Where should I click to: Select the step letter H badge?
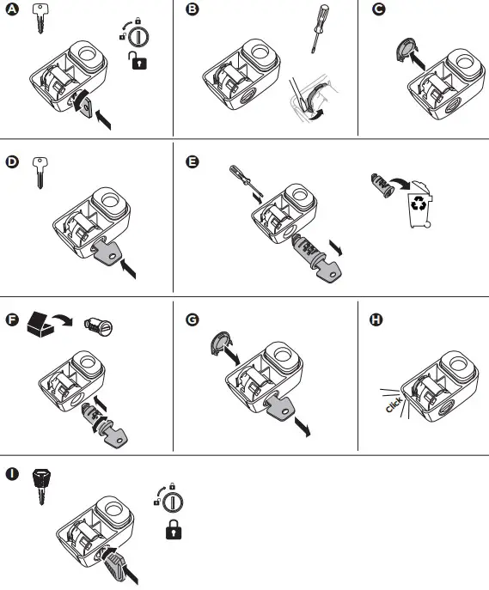coord(376,320)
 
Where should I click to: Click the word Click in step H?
coord(394,406)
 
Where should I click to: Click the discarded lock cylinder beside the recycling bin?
coord(379,184)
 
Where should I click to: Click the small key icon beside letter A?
coord(38,18)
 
